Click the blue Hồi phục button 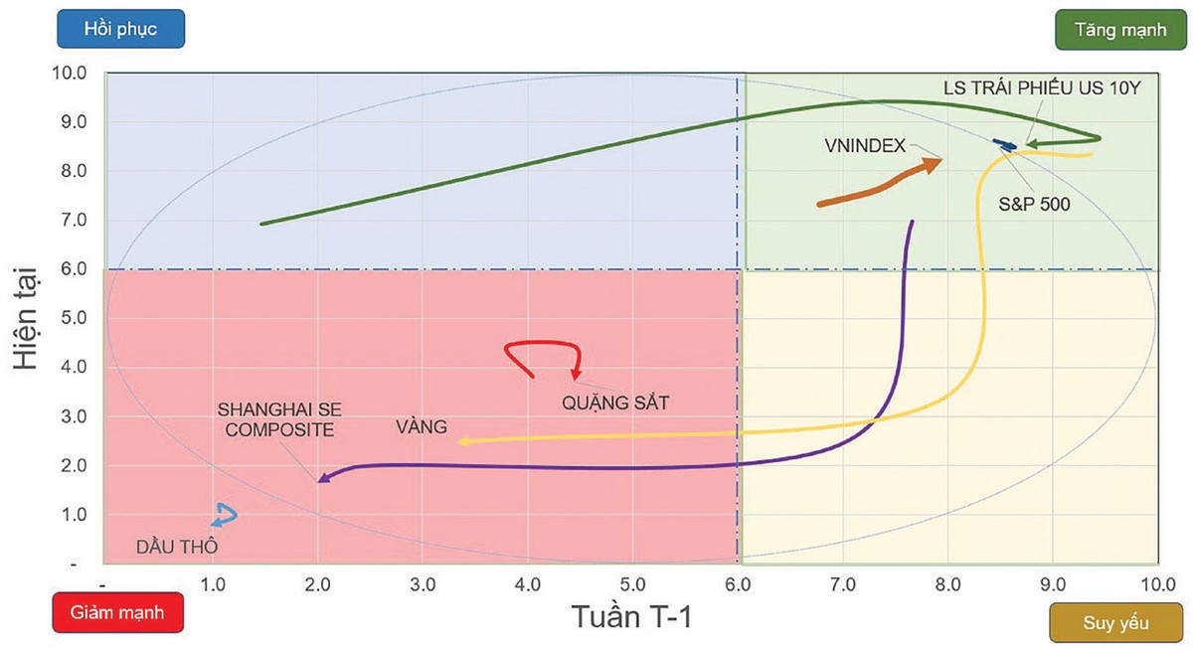tap(120, 29)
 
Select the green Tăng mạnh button tap(1119, 29)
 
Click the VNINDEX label tap(865, 145)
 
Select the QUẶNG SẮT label tap(615, 403)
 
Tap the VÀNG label tap(421, 427)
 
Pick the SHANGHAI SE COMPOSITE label tap(275, 417)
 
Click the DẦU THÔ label tap(176, 546)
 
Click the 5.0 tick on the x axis tap(631, 583)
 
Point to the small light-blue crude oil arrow tap(225, 514)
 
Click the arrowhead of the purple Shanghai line tap(323, 478)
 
